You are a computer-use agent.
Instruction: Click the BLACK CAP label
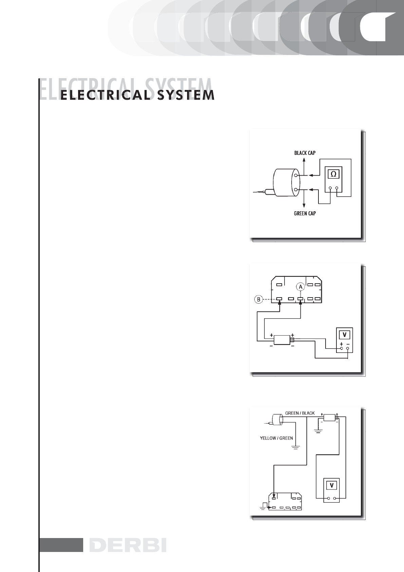(305, 153)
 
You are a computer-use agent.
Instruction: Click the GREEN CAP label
(305, 214)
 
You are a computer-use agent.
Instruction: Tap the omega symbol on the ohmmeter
(334, 174)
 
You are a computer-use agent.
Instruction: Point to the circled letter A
(300, 287)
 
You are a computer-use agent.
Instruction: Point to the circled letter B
(259, 300)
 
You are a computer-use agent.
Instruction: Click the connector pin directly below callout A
(300, 299)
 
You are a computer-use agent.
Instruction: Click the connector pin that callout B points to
(279, 299)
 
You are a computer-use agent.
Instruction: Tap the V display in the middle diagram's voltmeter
(345, 335)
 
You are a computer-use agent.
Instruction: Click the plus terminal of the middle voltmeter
(342, 348)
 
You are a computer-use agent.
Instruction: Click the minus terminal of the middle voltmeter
(348, 348)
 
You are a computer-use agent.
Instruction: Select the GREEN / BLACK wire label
(300, 413)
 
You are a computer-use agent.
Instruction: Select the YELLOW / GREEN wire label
(276, 438)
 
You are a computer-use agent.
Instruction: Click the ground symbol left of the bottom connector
(263, 507)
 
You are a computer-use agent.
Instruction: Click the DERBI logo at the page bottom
(128, 545)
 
